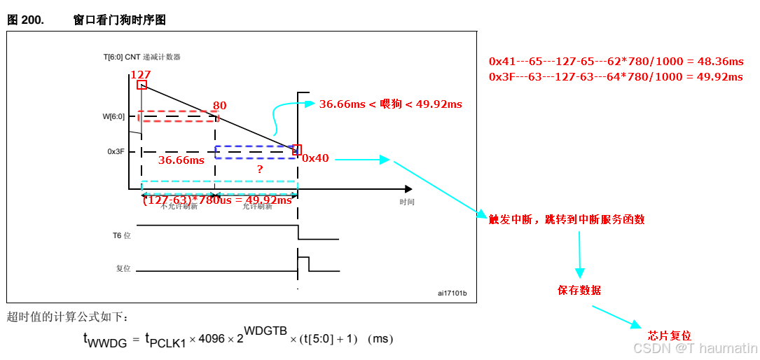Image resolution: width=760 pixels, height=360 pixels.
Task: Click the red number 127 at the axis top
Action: pos(141,74)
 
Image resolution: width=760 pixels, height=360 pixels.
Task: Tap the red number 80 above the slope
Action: pos(219,106)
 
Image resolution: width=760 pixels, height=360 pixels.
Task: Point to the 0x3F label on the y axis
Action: pos(116,151)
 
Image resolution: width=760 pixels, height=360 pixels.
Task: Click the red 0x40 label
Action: pos(315,158)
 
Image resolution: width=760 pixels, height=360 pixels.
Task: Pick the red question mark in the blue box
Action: pos(260,169)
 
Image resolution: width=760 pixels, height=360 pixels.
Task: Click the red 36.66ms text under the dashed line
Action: pos(181,160)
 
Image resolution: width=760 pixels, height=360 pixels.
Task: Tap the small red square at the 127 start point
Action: pos(141,85)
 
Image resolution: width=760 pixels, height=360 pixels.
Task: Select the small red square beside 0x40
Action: pos(297,149)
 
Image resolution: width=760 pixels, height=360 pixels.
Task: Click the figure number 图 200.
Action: pos(25,20)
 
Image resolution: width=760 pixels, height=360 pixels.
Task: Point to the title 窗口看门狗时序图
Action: pos(120,20)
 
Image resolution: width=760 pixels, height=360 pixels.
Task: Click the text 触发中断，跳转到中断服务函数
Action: pos(567,219)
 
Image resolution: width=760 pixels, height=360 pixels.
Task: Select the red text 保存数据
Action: pos(579,290)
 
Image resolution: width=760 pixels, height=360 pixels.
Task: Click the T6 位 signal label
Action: pos(122,235)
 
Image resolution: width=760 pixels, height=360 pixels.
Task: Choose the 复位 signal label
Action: pos(123,268)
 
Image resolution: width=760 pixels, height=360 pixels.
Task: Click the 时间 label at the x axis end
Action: pos(407,202)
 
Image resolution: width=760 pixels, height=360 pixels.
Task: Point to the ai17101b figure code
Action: pos(452,293)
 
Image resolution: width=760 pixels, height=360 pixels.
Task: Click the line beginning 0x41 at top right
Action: pos(615,62)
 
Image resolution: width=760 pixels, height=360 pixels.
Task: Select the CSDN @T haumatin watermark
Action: pos(695,348)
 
